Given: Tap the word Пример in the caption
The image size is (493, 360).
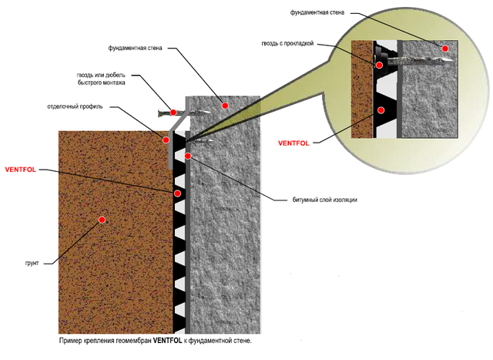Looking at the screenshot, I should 71,339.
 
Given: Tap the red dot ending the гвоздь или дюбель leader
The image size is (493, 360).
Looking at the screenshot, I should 175,113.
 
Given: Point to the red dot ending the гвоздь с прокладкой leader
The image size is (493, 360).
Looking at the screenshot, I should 380,66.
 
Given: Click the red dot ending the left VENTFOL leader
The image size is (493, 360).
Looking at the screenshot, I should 177,193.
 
